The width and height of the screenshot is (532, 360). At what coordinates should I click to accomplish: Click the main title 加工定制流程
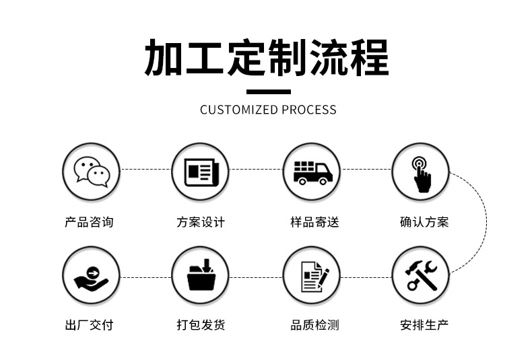pos(267,58)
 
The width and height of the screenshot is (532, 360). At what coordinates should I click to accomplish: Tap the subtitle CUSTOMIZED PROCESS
pos(268,110)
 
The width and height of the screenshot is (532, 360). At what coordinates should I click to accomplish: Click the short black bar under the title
pos(268,92)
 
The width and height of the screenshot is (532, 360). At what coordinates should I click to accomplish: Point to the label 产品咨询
pos(89,222)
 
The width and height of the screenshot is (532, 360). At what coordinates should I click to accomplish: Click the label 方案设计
pos(201,222)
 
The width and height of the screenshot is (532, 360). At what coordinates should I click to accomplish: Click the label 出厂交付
pos(89,326)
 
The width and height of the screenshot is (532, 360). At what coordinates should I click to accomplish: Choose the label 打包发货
pos(201,326)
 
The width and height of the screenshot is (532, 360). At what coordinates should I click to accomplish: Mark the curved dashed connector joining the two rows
pos(486,222)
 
